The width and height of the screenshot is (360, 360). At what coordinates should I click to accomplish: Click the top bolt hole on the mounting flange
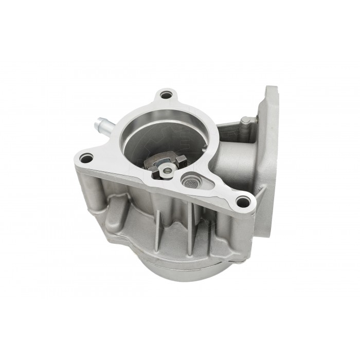[165, 95]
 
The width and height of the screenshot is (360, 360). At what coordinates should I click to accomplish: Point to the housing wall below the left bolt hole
[93, 190]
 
